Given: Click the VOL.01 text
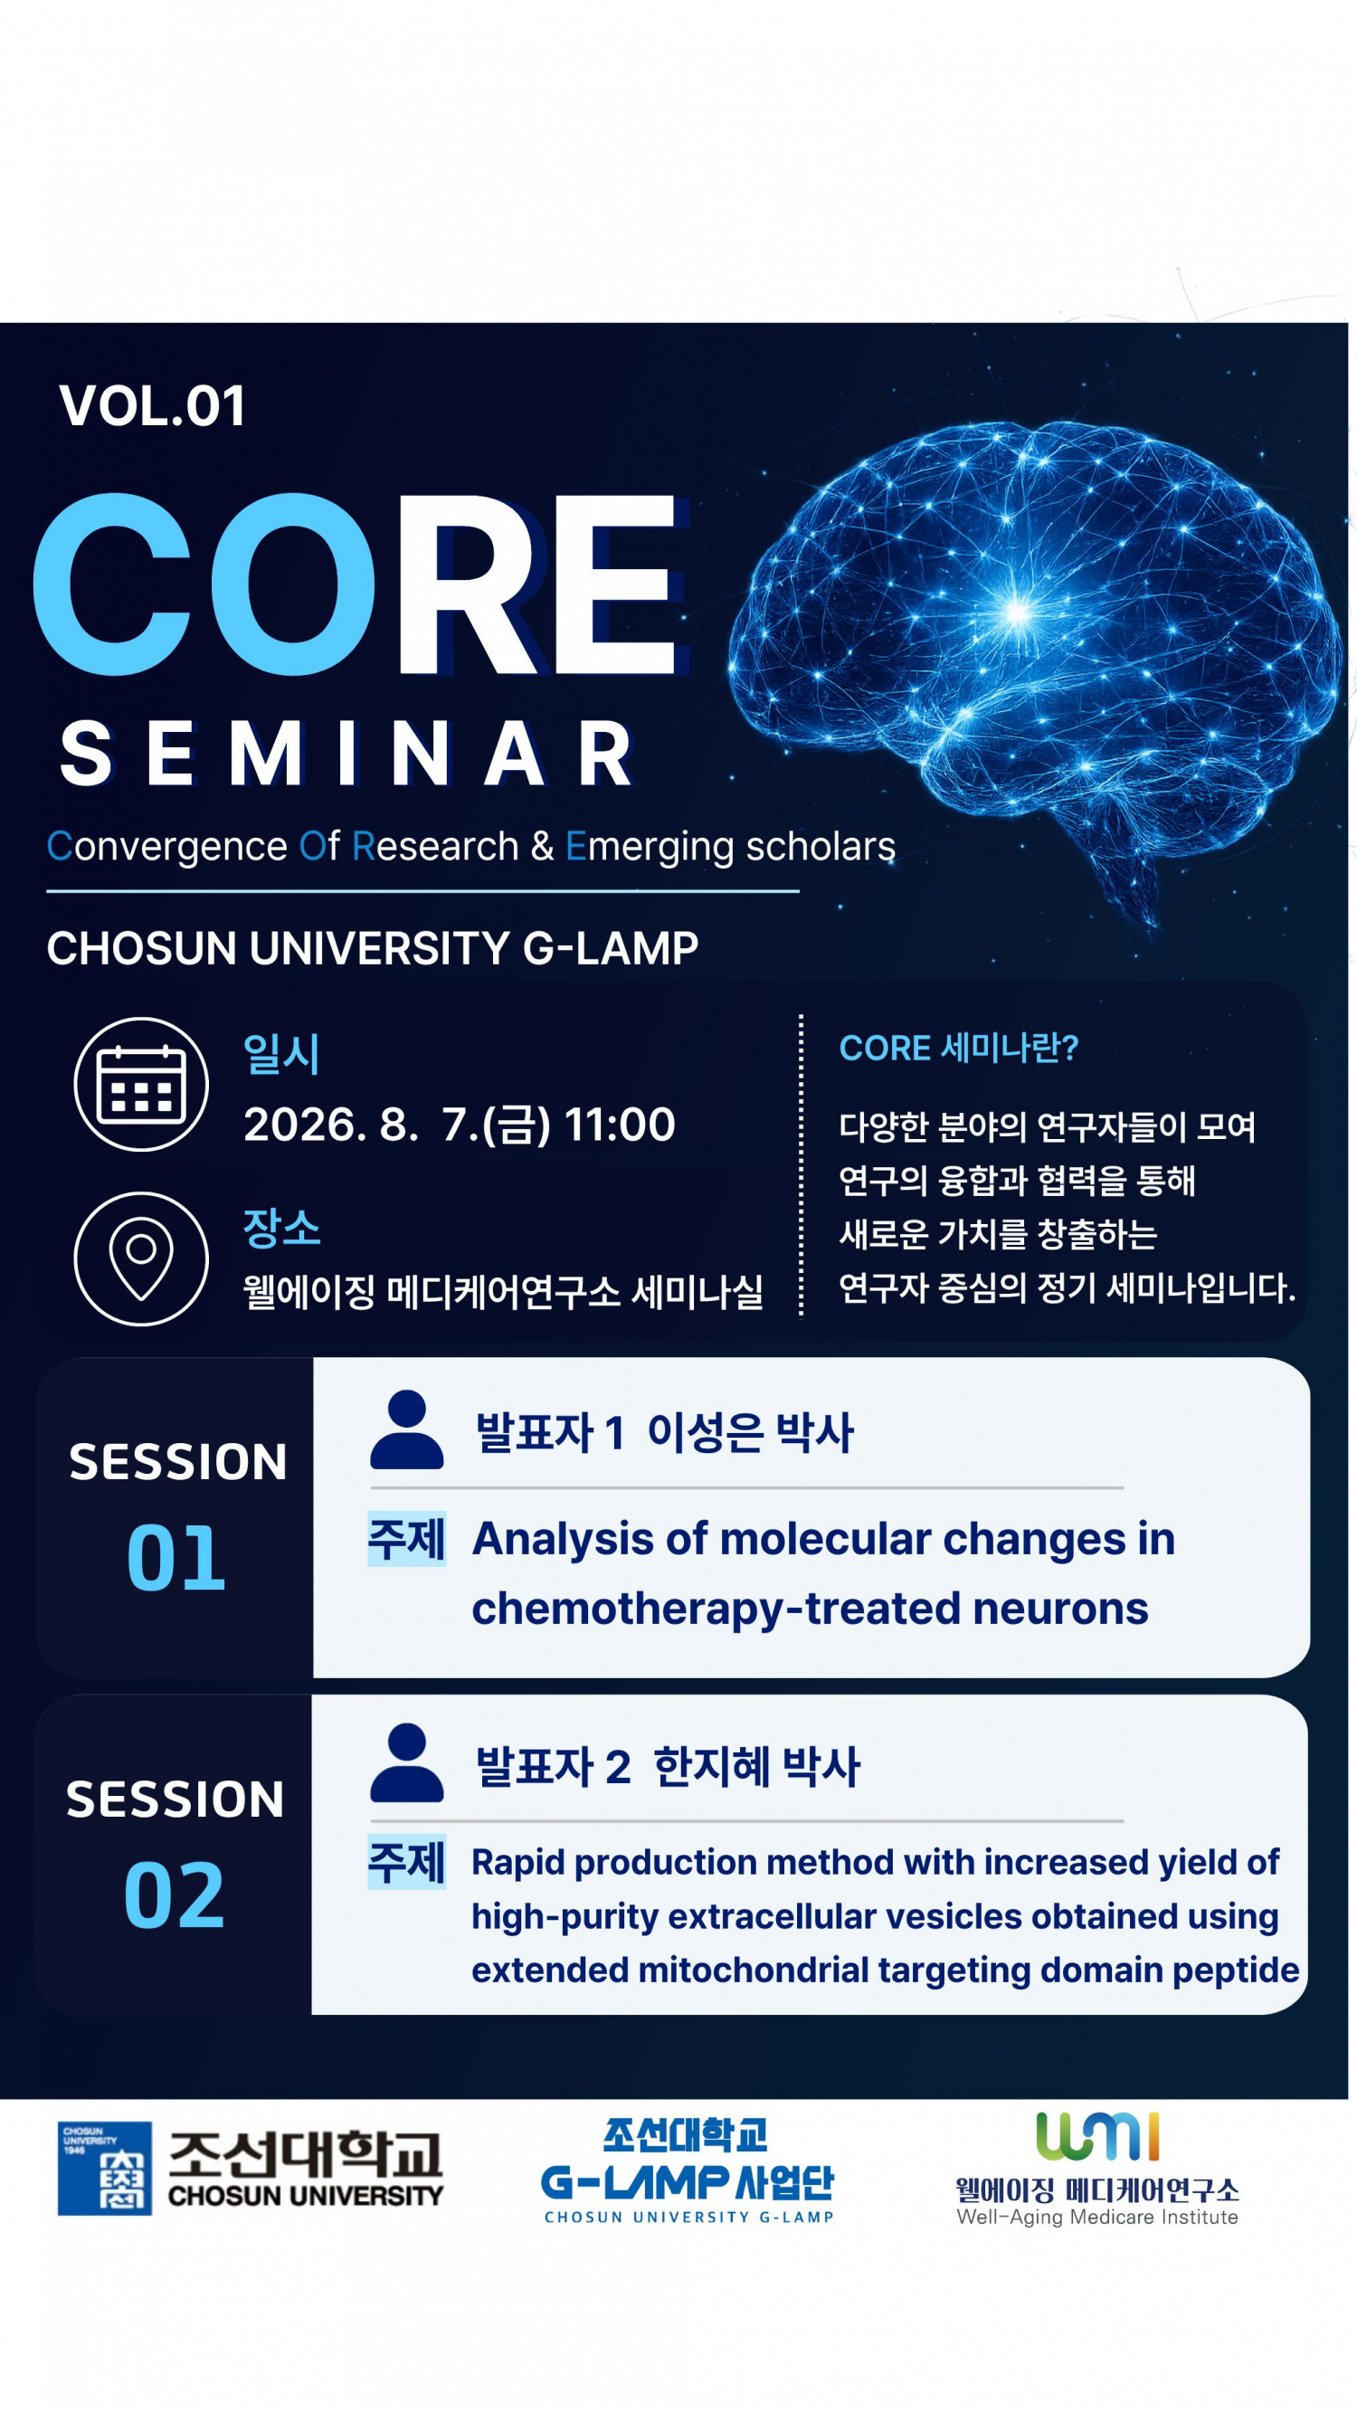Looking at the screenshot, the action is (x=153, y=405).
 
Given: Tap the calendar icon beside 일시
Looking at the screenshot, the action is (x=141, y=1084).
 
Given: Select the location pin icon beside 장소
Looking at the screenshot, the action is (x=141, y=1258).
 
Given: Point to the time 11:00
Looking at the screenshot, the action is (x=619, y=1125).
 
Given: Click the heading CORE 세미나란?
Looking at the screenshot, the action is (x=959, y=1048).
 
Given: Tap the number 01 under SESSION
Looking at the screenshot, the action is (x=176, y=1558).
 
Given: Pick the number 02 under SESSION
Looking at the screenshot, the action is (x=175, y=1895).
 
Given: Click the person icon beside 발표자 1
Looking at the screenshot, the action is (x=406, y=1429).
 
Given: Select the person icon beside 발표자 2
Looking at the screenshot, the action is (x=406, y=1762).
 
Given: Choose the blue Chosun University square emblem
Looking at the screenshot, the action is (x=105, y=2169).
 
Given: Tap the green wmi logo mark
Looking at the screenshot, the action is (x=1097, y=2136).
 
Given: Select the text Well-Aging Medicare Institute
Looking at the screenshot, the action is (x=1097, y=2217).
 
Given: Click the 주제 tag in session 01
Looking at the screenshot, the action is (x=406, y=1538).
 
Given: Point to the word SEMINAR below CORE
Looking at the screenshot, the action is (x=346, y=754).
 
